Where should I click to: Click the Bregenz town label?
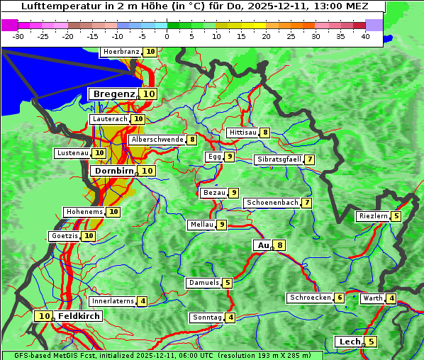113,94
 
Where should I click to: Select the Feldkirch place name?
79,316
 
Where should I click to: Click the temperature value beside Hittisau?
264,133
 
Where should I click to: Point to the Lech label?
350,342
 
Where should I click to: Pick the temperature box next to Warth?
391,298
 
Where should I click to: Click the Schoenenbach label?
272,203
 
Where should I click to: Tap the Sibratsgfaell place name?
279,159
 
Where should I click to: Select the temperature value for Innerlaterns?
143,301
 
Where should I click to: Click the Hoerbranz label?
121,52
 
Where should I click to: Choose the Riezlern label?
373,216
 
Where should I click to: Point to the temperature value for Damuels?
228,283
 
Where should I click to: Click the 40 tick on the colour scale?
364,36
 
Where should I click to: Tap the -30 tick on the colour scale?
18,36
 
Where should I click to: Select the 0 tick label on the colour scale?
167,36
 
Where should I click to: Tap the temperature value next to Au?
280,245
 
